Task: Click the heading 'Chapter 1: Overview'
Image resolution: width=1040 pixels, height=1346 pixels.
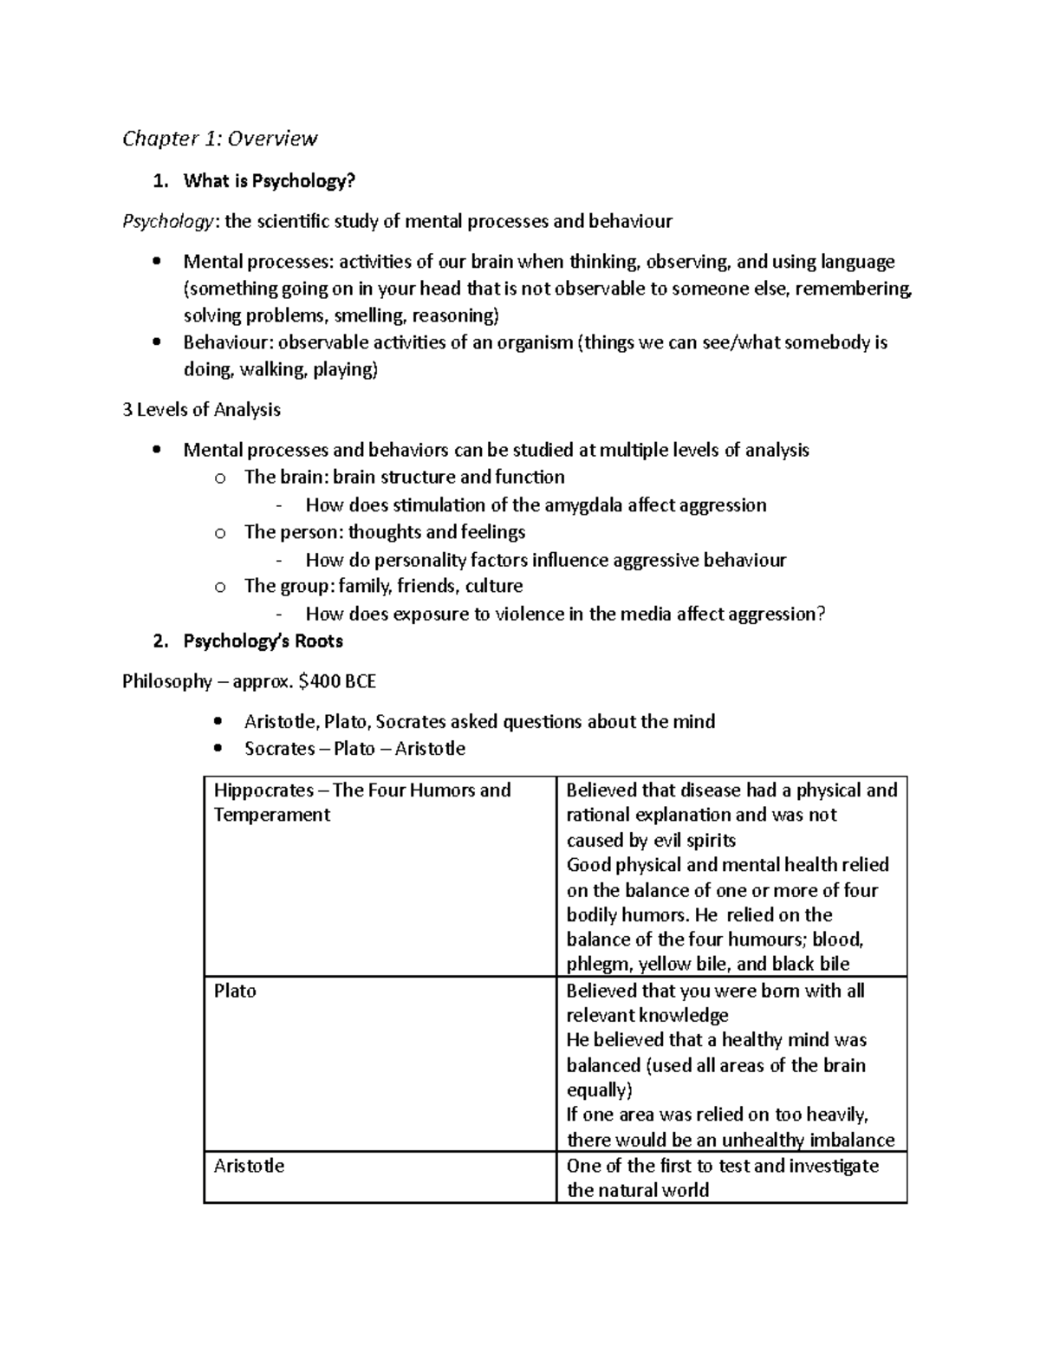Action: (219, 139)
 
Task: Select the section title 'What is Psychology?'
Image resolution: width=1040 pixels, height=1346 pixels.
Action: (269, 181)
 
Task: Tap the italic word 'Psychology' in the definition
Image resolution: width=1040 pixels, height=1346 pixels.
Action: (166, 221)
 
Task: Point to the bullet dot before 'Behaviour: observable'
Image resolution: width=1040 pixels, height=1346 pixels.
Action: (156, 342)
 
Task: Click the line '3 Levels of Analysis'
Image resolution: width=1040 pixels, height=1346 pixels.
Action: (201, 409)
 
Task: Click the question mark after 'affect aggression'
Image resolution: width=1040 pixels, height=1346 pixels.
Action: (821, 614)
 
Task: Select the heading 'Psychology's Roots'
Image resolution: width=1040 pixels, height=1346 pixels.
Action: (263, 641)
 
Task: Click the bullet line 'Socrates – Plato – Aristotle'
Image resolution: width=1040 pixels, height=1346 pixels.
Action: (354, 749)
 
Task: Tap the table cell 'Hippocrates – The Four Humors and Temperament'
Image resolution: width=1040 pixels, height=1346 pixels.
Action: (362, 802)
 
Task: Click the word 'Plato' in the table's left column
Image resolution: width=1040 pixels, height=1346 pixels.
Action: (235, 991)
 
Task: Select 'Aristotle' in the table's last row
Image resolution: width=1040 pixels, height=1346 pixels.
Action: (249, 1166)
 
